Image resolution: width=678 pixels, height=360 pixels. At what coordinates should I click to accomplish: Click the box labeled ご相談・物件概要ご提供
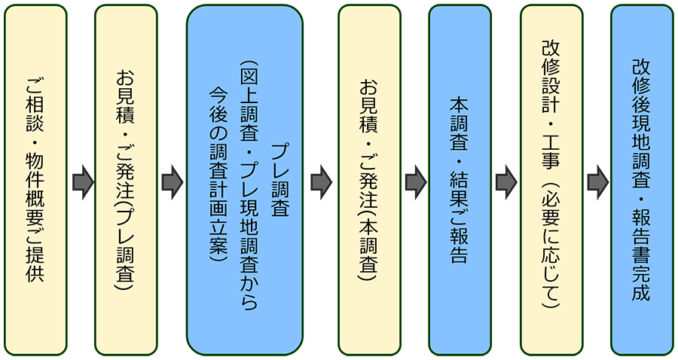[x=35, y=180]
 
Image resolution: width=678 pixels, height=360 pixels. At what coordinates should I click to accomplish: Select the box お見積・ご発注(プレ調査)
[x=126, y=180]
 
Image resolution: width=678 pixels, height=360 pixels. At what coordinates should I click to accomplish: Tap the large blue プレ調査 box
[x=245, y=180]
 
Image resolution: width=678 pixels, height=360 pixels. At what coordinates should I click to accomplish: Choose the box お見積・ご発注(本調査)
[x=369, y=180]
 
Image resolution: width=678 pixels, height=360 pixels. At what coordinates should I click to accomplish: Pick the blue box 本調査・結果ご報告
[x=460, y=180]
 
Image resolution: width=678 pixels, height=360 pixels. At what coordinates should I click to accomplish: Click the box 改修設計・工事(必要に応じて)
[x=551, y=180]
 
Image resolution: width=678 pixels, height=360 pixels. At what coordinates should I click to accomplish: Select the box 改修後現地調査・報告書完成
[x=642, y=180]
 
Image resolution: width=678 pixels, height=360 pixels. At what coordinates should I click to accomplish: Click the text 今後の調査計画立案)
[x=218, y=173]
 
